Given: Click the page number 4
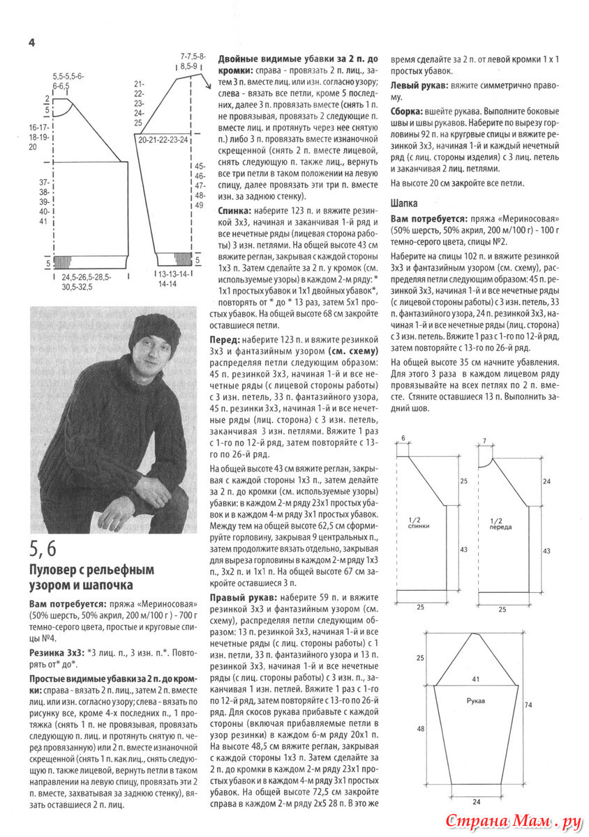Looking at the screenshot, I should pyautogui.click(x=32, y=43).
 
